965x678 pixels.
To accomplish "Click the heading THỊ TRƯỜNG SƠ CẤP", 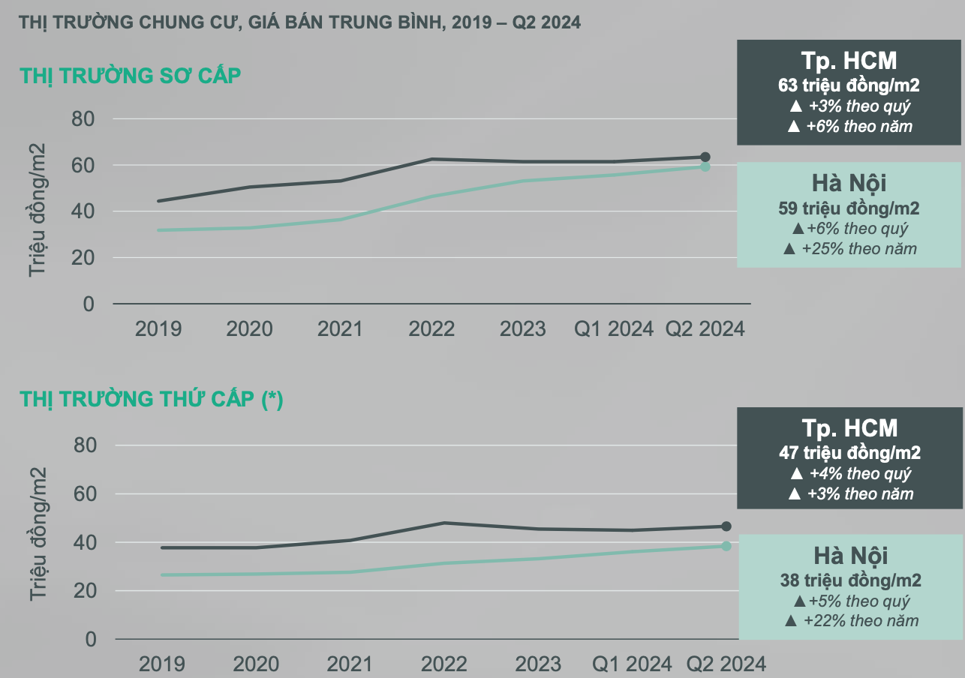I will pyautogui.click(x=131, y=76).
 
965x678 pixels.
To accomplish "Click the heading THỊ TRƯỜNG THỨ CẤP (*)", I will pyautogui.click(x=151, y=400).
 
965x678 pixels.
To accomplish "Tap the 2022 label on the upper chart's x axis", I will pyautogui.click(x=431, y=329).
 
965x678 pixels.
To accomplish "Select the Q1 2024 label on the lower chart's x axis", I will pyautogui.click(x=633, y=664).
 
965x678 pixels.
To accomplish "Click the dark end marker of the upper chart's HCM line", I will pyautogui.click(x=705, y=157).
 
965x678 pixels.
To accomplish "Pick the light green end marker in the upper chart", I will pyautogui.click(x=705, y=166).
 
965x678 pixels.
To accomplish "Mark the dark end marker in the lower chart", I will pyautogui.click(x=726, y=526).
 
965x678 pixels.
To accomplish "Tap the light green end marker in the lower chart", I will pyautogui.click(x=726, y=546).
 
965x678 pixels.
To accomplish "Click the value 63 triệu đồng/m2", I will pyautogui.click(x=849, y=85).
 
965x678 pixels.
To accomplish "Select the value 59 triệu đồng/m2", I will pyautogui.click(x=849, y=208).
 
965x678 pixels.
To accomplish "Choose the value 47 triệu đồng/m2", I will pyautogui.click(x=850, y=453).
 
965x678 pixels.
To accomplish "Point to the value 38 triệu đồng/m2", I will pyautogui.click(x=851, y=580).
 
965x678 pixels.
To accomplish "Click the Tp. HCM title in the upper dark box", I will pyautogui.click(x=849, y=61).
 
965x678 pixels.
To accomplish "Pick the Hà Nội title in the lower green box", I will pyautogui.click(x=851, y=556).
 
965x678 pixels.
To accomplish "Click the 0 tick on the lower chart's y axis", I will pyautogui.click(x=92, y=639).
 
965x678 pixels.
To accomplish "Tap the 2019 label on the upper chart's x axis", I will pyautogui.click(x=158, y=329).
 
